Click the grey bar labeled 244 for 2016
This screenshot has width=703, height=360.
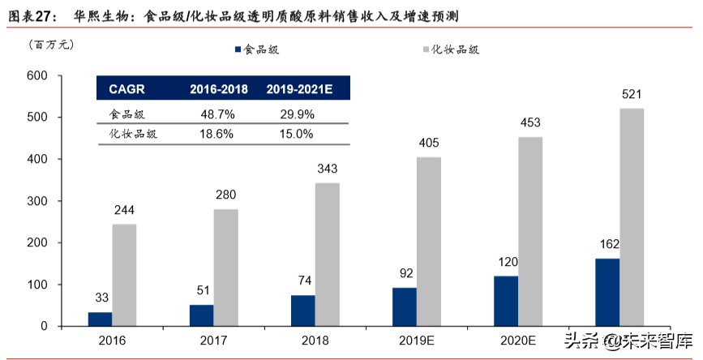124,275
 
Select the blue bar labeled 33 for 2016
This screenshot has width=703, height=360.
100,319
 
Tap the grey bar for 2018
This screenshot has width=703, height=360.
328,255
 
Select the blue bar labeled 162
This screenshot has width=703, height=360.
607,292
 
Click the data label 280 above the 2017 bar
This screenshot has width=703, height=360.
226,195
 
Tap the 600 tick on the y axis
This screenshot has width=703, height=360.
38,76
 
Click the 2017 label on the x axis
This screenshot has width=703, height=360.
214,342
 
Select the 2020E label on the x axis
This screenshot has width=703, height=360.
518,342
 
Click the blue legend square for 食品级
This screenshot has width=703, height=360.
238,49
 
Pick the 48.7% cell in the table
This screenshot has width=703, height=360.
218,114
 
